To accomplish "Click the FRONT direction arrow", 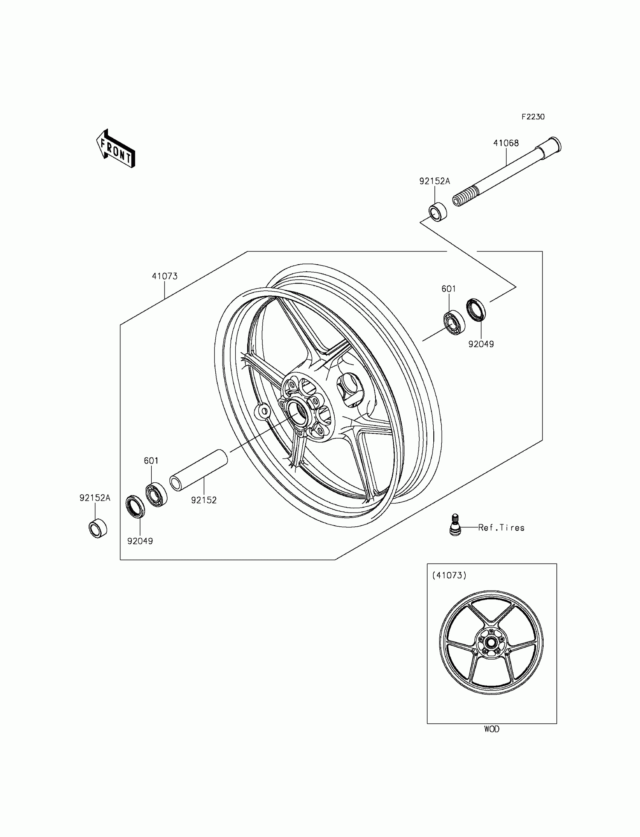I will [x=116, y=149].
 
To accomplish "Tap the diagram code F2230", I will [x=533, y=117].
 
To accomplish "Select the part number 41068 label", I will [x=506, y=143].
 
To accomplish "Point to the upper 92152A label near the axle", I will [x=434, y=181].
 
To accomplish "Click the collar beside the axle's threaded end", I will [x=438, y=211].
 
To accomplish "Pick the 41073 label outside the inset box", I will [x=165, y=276].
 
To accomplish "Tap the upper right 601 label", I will [x=448, y=289].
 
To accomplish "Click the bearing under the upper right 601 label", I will [x=454, y=323].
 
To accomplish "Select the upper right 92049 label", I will [x=481, y=344].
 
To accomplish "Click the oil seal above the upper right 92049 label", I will [x=476, y=310].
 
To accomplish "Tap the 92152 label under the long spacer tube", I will [x=204, y=500].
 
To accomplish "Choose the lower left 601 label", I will [x=151, y=460].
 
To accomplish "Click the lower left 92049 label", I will [x=140, y=541].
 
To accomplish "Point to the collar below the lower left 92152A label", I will [x=98, y=528].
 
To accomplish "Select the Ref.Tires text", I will [x=501, y=528].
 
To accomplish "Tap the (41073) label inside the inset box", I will [x=449, y=575].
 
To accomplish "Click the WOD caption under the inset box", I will [x=491, y=729].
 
